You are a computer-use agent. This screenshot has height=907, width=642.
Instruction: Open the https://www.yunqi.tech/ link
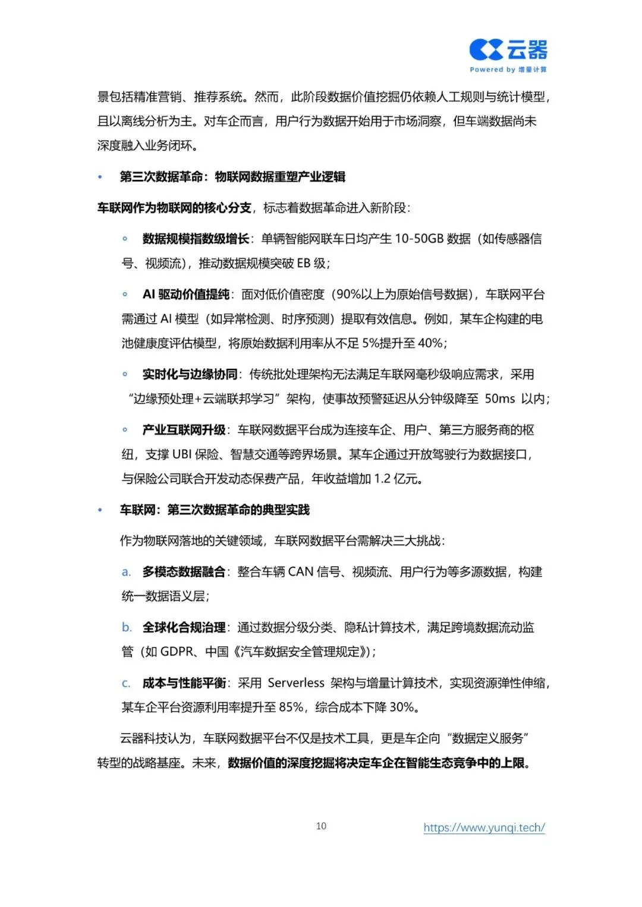pyautogui.click(x=484, y=827)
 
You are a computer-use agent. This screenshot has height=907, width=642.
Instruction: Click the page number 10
pyautogui.click(x=321, y=826)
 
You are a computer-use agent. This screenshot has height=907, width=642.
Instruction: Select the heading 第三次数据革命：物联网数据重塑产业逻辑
pyautogui.click(x=232, y=176)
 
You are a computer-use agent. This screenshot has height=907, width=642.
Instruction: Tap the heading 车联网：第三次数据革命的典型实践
pyautogui.click(x=215, y=510)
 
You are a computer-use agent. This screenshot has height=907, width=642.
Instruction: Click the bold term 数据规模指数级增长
pyautogui.click(x=196, y=239)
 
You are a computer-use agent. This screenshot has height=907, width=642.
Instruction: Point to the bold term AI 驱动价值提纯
pyautogui.click(x=185, y=295)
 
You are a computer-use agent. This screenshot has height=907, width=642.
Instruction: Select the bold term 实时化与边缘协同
pyautogui.click(x=190, y=374)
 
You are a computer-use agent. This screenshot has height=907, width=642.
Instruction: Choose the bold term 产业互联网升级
pyautogui.click(x=184, y=429)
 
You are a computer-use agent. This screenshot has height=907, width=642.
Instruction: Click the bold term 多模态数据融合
pyautogui.click(x=184, y=571)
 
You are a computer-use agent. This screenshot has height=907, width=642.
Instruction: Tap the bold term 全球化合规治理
pyautogui.click(x=184, y=627)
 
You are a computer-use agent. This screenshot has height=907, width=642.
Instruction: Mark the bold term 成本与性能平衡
pyautogui.click(x=184, y=683)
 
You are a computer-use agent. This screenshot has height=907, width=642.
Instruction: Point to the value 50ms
pyautogui.click(x=500, y=399)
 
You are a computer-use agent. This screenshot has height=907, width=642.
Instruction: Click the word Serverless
pyautogui.click(x=296, y=683)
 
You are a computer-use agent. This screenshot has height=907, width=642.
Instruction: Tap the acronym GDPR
pyautogui.click(x=177, y=652)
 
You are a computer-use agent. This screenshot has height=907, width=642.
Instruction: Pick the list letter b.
pyautogui.click(x=127, y=627)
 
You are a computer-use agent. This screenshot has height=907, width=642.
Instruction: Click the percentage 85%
pyautogui.click(x=291, y=707)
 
